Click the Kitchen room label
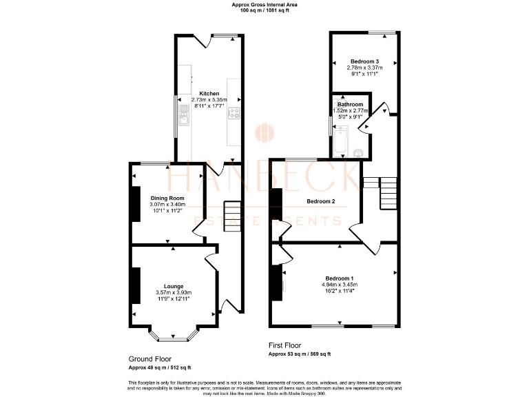pos(209,94)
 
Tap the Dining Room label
pos(168,198)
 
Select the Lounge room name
pos(174,286)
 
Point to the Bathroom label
pos(351,104)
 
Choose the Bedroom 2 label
pos(320,201)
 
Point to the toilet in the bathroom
pos(358,150)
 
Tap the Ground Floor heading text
pos(150,359)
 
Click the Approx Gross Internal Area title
pos(264,6)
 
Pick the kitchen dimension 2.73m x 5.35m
pos(209,100)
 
